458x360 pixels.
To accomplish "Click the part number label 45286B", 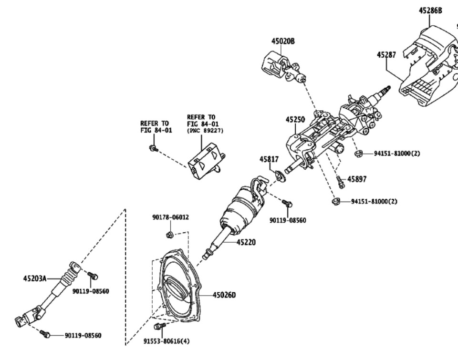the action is tap(430, 11).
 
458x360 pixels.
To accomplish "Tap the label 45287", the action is tap(386, 55).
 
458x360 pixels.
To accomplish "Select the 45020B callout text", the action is tap(283, 41).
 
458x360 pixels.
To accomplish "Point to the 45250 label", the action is tap(295, 119).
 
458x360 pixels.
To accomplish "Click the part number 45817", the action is tap(269, 159).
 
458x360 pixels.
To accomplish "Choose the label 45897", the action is tap(357, 179).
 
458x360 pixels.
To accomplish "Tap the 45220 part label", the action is tap(246, 242).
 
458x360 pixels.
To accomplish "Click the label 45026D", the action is tap(224, 295).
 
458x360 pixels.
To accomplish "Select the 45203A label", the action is tap(35, 278).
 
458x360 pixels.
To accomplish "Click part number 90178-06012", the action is tap(171, 217).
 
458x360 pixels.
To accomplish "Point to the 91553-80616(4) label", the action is tap(166, 341).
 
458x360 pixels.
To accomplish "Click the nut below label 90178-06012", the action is tap(169, 234).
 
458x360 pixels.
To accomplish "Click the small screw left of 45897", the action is tap(340, 182).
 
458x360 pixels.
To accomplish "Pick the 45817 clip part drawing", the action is tap(281, 175).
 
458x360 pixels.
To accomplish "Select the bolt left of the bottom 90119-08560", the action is tap(45, 334).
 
